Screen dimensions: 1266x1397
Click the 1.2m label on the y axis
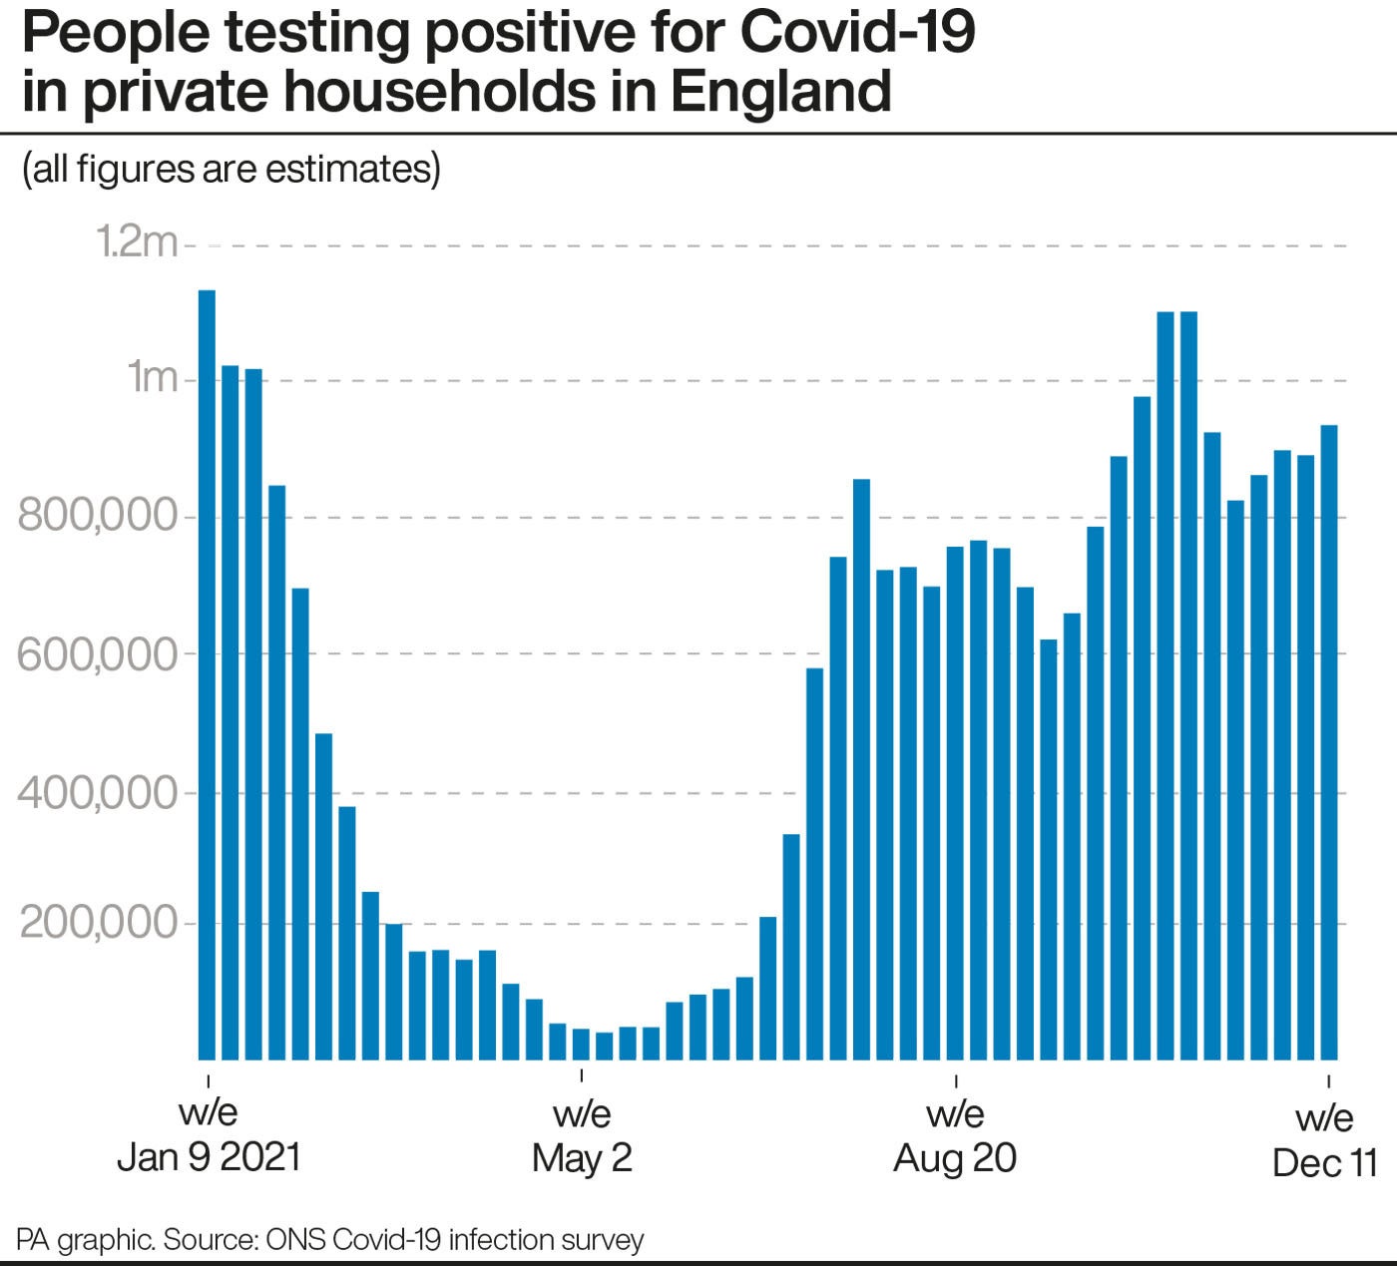coord(136,242)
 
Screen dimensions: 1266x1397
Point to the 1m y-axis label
coord(152,378)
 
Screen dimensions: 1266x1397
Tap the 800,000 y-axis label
coord(98,517)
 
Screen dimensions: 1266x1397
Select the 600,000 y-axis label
coord(98,654)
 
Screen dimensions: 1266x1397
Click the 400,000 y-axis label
coord(98,794)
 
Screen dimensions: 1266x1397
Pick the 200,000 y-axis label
coord(98,924)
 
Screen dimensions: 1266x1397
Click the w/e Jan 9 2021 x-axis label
coord(209,1135)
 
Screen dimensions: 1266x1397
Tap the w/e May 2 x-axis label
coord(582,1135)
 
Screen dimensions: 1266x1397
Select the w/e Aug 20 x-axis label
coord(955,1135)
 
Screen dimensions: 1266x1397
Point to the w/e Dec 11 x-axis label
coord(1325,1139)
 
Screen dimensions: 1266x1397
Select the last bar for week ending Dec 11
coord(1329,742)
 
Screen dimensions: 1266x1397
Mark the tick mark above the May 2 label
coord(582,1077)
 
